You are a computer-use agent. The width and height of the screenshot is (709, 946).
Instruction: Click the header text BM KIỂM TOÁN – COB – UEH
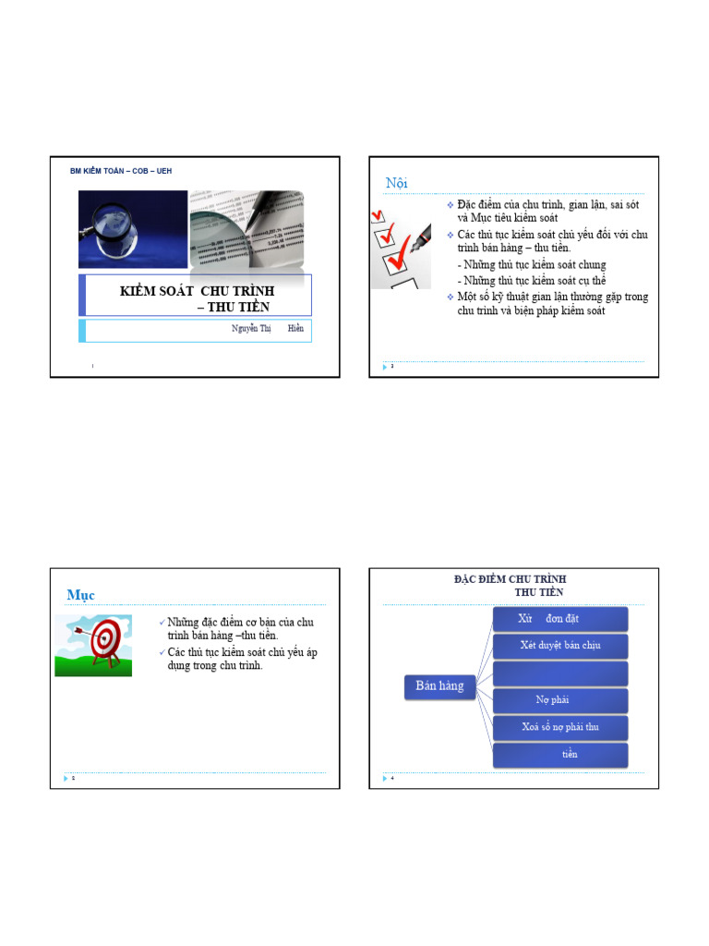tap(121, 171)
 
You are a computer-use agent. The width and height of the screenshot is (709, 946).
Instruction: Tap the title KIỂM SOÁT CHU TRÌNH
tap(198, 291)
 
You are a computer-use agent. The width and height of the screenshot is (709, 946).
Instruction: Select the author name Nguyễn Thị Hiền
tap(267, 329)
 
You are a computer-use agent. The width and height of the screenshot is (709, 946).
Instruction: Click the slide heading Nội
tap(397, 183)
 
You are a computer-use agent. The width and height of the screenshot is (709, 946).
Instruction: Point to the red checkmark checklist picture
tap(400, 243)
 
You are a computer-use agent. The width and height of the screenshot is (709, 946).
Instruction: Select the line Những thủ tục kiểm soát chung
tap(532, 265)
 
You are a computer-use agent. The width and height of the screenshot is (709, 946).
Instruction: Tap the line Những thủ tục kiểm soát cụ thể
tap(532, 281)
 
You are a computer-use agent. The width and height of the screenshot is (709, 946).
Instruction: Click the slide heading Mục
tap(80, 594)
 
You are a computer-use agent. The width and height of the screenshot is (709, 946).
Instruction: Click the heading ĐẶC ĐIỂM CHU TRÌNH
tap(510, 579)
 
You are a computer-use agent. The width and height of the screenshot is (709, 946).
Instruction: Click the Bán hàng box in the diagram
tap(439, 685)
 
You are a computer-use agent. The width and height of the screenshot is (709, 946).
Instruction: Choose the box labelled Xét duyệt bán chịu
tap(560, 646)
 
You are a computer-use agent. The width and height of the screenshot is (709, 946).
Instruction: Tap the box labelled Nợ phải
tap(560, 700)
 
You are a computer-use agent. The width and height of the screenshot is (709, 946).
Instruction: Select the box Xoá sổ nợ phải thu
tap(560, 727)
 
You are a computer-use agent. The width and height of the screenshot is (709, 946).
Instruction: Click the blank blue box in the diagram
tap(560, 673)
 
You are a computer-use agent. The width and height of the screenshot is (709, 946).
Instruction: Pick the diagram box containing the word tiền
tap(560, 755)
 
